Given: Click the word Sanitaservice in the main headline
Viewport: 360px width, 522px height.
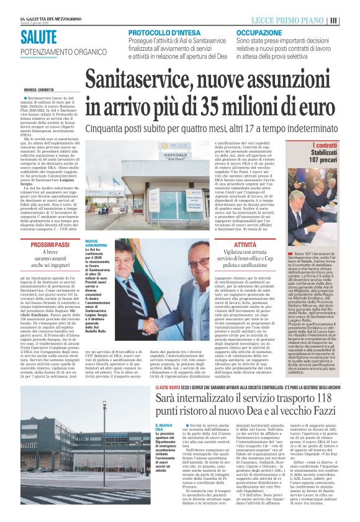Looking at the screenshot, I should (142, 81).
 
